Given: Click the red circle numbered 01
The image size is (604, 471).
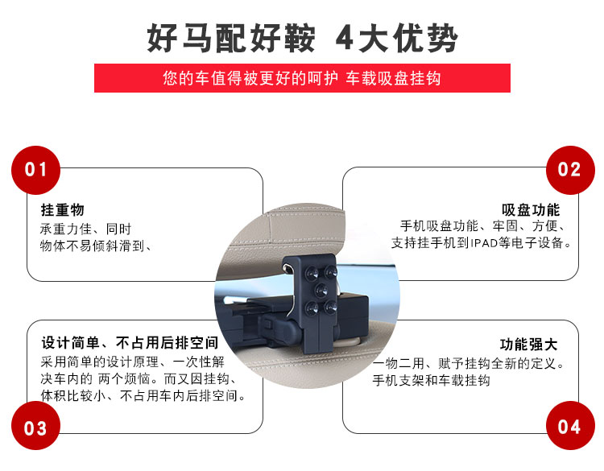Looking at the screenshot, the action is click(x=35, y=170).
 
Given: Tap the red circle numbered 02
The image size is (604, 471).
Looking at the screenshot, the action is click(x=570, y=170).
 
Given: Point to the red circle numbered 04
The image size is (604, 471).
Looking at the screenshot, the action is click(x=570, y=426).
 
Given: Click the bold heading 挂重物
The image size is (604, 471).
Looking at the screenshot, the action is click(x=62, y=210).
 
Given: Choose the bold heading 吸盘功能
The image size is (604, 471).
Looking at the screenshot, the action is click(x=531, y=210).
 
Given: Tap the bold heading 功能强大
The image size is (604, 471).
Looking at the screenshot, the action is click(x=528, y=345).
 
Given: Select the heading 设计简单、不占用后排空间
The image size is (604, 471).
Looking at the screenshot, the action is click(x=130, y=342).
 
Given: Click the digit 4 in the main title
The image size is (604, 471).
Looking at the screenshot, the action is click(x=345, y=38).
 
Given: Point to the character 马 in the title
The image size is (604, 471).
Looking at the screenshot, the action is click(x=197, y=38).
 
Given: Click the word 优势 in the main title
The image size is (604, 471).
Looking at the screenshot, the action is click(x=425, y=38).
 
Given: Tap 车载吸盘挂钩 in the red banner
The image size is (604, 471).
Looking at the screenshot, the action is click(x=392, y=78).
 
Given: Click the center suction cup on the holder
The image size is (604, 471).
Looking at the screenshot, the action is click(x=321, y=291).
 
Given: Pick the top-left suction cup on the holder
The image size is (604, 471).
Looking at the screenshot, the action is click(x=312, y=274).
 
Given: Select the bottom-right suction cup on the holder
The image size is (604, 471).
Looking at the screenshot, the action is click(x=330, y=308).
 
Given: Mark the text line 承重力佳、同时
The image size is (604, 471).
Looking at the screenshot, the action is click(x=85, y=229).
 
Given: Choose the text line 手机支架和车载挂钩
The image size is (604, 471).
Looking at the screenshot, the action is click(x=431, y=381).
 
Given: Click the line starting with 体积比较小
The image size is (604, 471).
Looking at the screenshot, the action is click(x=143, y=395).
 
